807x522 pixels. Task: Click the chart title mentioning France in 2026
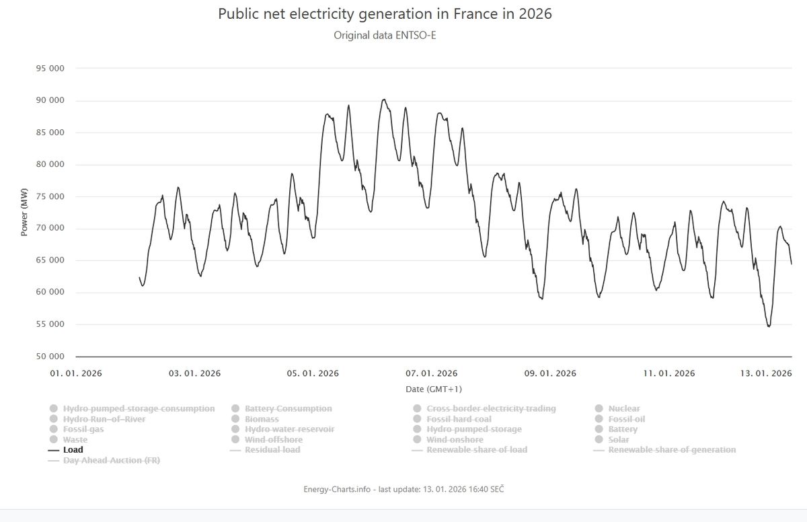pyautogui.click(x=385, y=14)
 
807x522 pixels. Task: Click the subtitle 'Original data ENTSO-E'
pyautogui.click(x=385, y=34)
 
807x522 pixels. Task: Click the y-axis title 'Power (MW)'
pyautogui.click(x=24, y=212)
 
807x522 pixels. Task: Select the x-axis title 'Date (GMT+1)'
pyautogui.click(x=434, y=389)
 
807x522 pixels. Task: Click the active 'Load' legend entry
pyautogui.click(x=73, y=450)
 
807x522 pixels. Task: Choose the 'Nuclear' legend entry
pyautogui.click(x=623, y=408)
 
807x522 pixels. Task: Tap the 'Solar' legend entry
pyautogui.click(x=619, y=439)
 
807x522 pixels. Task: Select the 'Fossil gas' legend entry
pyautogui.click(x=83, y=429)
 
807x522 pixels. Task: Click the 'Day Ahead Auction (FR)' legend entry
pyautogui.click(x=111, y=460)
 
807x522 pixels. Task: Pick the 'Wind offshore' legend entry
pyautogui.click(x=273, y=439)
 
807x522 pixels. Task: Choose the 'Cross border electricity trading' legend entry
pyautogui.click(x=491, y=408)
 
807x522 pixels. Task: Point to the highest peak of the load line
pyautogui.click(x=383, y=100)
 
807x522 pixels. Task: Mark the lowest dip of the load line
pyautogui.click(x=769, y=326)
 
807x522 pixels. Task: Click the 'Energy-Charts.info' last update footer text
pyautogui.click(x=403, y=489)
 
